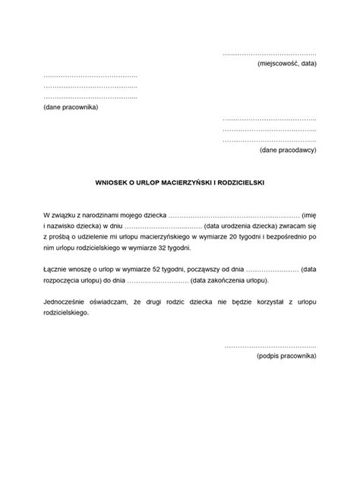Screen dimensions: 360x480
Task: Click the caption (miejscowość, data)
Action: coord(286,64)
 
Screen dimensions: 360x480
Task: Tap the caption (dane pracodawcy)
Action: coord(288,150)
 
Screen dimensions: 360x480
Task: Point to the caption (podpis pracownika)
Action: coord(286,355)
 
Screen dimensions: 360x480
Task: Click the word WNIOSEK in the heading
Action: coord(112,182)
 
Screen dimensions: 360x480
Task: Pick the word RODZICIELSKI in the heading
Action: coord(240,182)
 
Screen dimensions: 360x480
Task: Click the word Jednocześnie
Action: coord(65,301)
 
